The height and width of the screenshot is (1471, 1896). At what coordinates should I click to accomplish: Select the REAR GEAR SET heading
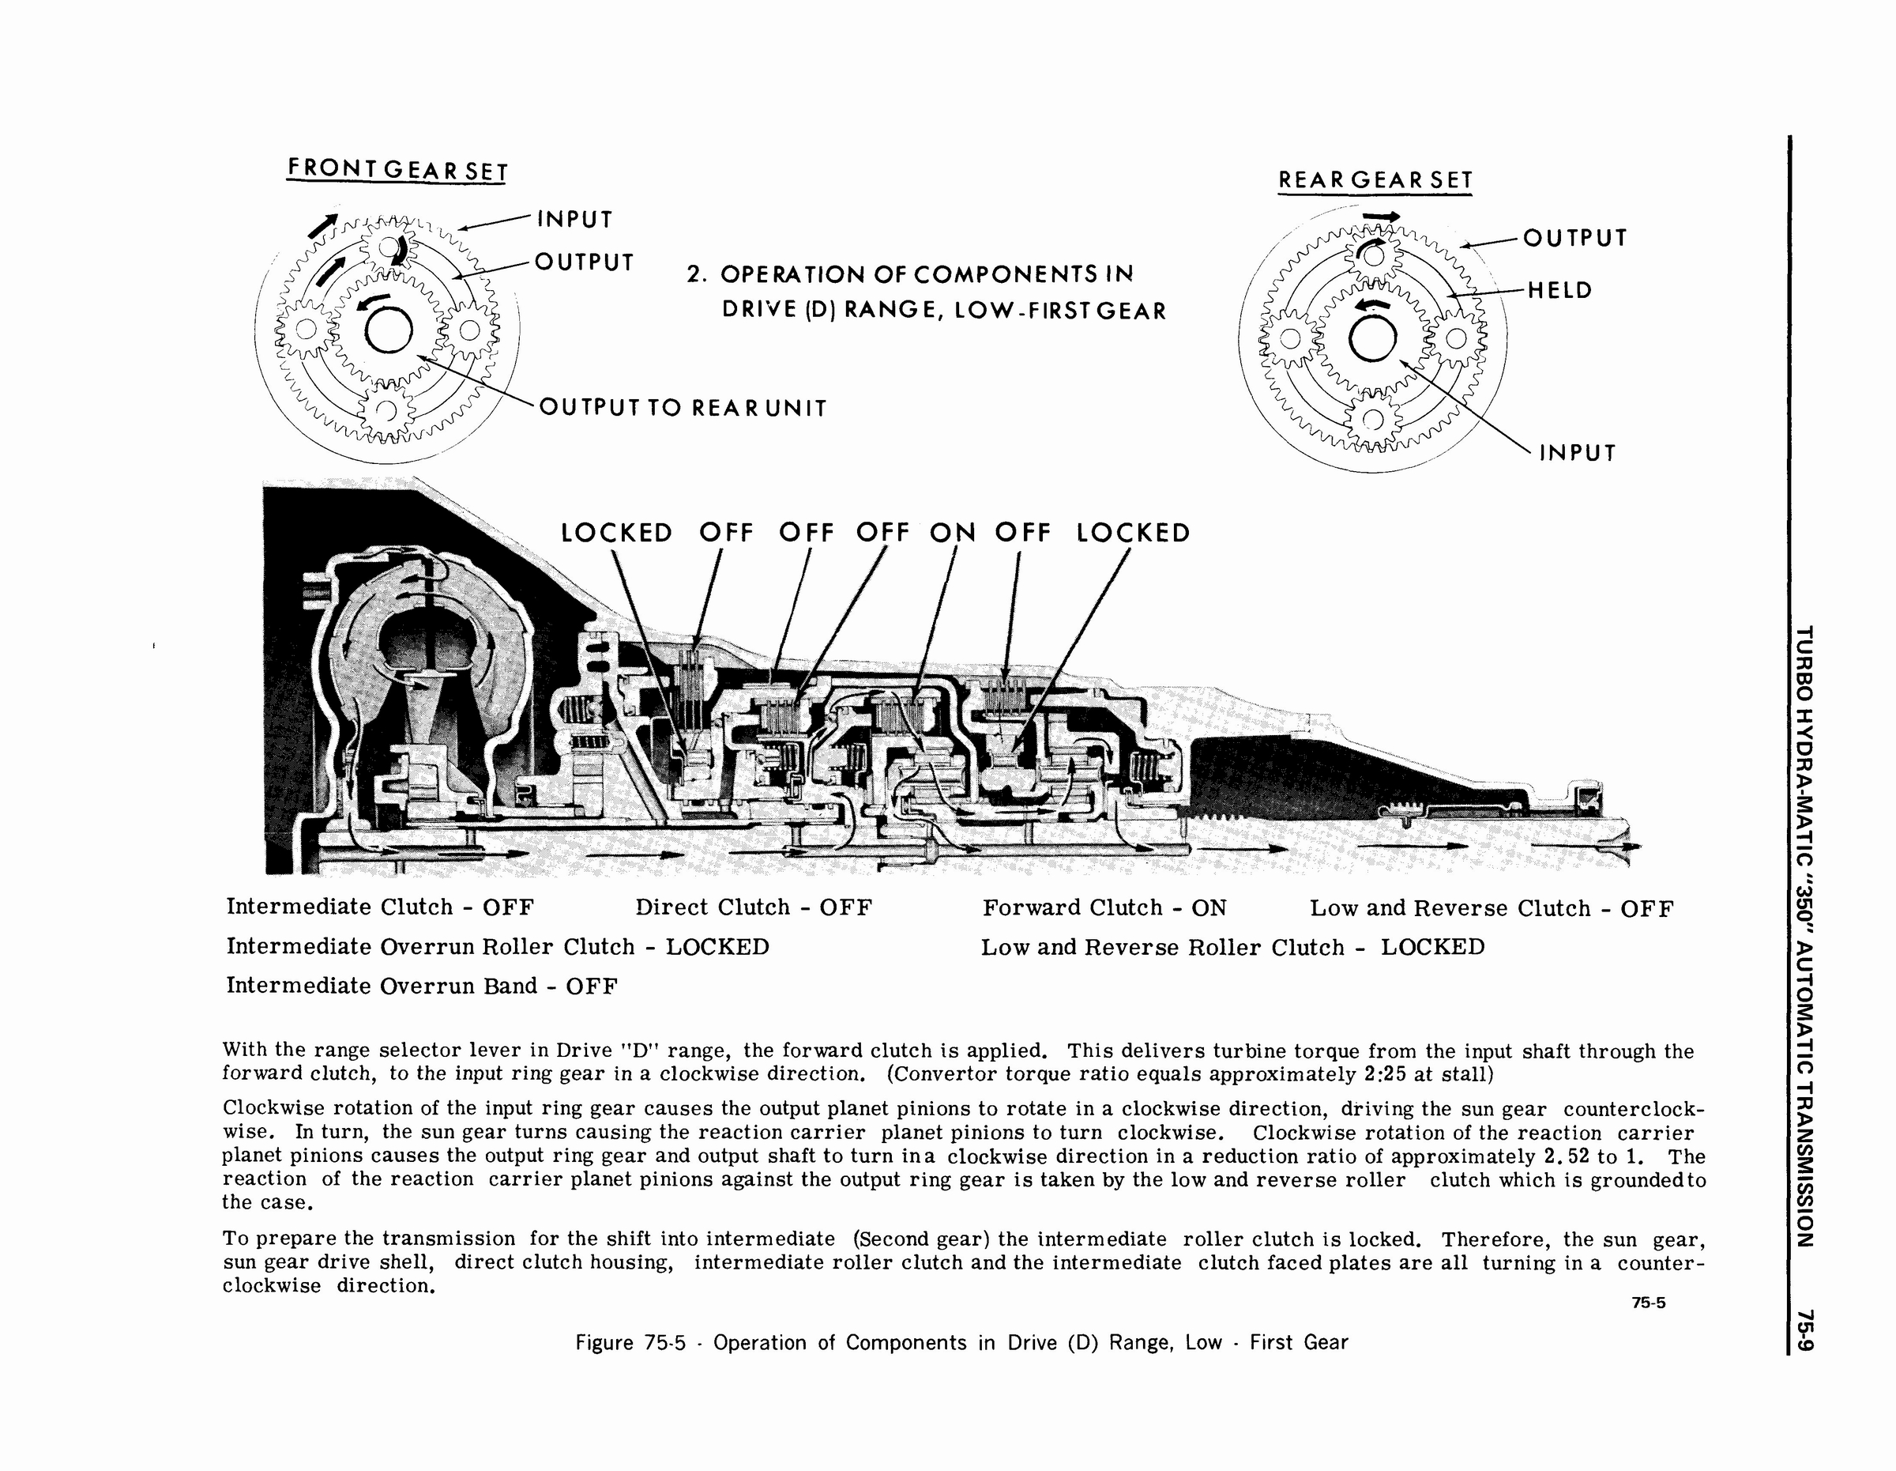1375,181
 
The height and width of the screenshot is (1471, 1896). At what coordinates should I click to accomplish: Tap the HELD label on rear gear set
1560,290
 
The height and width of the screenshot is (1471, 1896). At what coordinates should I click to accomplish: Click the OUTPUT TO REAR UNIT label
683,407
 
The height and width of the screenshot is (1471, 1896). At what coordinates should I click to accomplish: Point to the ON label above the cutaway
952,532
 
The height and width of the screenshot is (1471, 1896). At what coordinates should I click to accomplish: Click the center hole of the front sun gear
387,331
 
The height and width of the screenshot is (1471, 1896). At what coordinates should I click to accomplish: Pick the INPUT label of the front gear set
574,219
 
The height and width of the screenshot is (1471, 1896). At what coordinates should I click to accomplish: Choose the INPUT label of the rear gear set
1577,453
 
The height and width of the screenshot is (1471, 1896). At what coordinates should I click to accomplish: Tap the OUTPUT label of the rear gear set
1574,238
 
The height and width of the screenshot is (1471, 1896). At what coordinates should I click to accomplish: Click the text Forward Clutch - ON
1104,908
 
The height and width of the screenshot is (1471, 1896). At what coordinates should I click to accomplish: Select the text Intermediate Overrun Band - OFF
422,986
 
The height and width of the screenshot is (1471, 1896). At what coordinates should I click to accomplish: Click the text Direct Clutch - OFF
753,908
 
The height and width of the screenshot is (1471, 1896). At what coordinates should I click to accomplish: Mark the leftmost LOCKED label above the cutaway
616,532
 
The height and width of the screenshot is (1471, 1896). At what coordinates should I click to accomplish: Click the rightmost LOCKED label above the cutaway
1133,532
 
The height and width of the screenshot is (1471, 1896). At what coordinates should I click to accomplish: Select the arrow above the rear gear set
1381,217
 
